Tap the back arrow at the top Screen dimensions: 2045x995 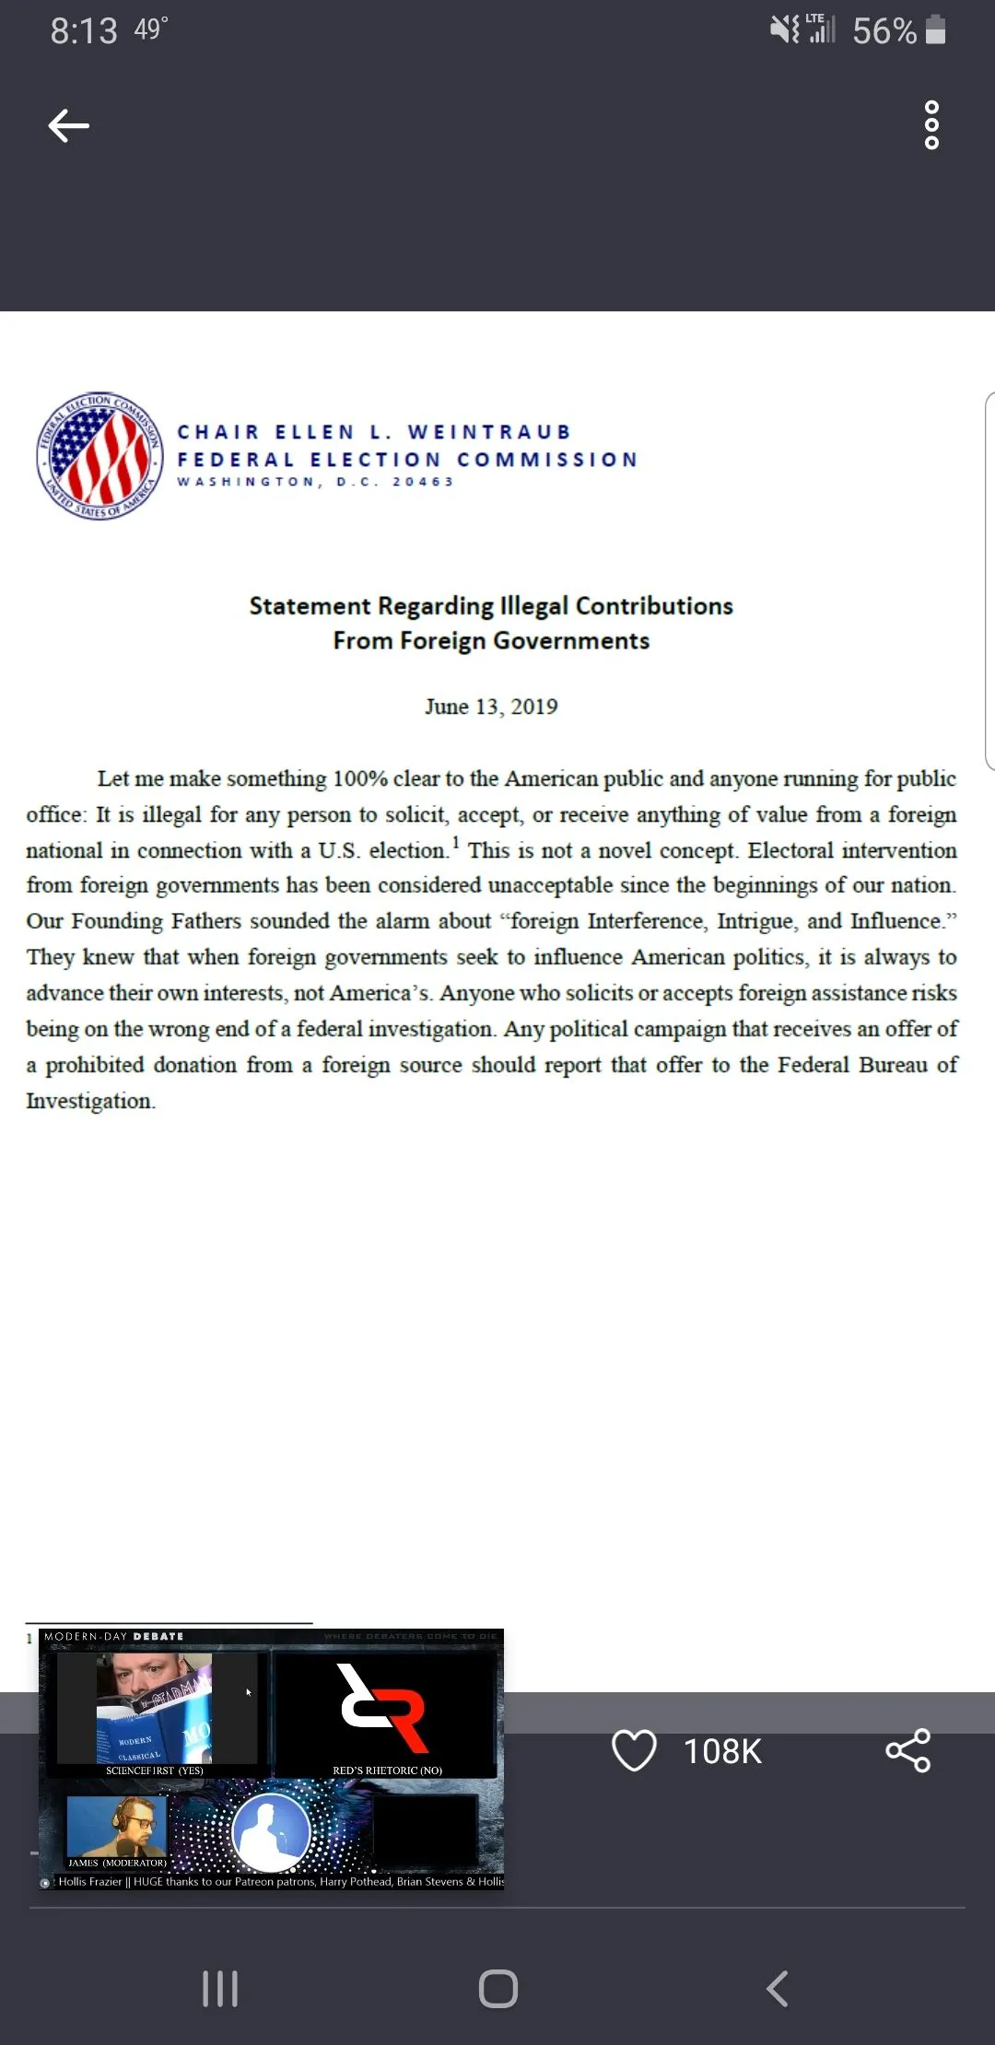(69, 125)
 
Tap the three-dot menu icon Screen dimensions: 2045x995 (931, 125)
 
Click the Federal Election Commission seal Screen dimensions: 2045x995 (99, 455)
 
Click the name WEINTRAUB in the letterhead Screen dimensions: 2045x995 (489, 432)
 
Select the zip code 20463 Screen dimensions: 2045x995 (423, 482)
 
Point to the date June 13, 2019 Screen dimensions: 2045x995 (491, 707)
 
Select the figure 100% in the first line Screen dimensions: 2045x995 (360, 778)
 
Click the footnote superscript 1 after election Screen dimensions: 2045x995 (456, 842)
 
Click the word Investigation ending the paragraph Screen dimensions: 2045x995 (89, 1101)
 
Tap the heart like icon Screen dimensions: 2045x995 (634, 1750)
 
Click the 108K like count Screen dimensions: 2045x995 (722, 1751)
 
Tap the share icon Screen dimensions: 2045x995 (908, 1750)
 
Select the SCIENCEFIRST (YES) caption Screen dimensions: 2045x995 (154, 1770)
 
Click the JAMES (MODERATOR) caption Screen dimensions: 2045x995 (117, 1863)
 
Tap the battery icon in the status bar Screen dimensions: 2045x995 (935, 30)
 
